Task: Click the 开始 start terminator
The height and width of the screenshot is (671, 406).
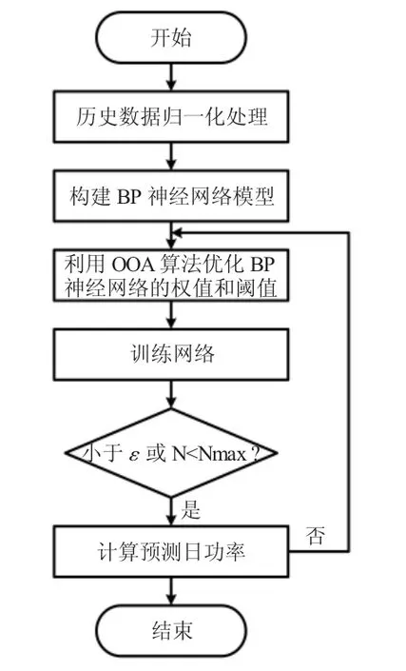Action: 171,38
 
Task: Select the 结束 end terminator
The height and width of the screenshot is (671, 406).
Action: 171,631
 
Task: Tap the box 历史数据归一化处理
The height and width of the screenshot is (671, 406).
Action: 171,116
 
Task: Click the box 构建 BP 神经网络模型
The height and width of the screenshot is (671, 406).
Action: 171,196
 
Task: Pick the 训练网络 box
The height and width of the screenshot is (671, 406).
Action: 171,354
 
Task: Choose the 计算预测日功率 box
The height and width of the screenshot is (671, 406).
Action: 171,552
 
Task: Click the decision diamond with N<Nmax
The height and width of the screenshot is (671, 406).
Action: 171,453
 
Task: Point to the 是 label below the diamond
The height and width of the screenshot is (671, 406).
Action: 190,509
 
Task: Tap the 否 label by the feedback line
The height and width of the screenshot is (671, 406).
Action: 316,535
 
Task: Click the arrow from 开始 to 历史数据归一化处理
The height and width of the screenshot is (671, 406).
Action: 171,77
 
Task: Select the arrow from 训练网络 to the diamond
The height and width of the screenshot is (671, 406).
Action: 171,394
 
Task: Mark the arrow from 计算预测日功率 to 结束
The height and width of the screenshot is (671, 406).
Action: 171,591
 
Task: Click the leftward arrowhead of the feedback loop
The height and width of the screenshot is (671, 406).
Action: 175,233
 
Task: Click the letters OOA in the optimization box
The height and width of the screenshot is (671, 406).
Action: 132,265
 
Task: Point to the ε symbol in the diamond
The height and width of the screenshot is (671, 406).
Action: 134,455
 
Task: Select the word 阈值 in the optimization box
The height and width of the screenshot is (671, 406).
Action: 256,287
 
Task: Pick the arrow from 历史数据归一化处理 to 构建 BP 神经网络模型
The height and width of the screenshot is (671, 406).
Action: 171,156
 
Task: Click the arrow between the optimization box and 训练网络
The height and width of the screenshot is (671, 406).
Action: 171,315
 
